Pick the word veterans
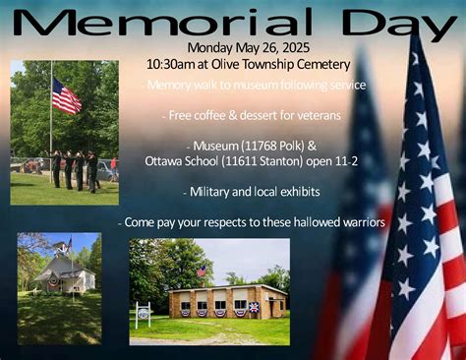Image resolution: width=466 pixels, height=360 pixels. (312, 116)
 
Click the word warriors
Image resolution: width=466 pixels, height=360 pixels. (353, 222)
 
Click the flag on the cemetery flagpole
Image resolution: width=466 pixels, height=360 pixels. (66, 97)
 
